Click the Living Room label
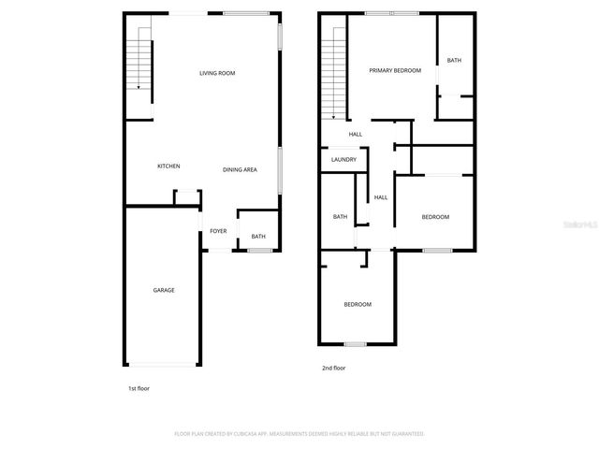click(x=217, y=72)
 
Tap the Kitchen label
click(x=168, y=166)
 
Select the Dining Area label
click(x=240, y=169)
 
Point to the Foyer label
click(x=218, y=231)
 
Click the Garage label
click(x=164, y=290)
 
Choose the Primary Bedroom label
click(x=395, y=70)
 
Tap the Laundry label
click(x=343, y=160)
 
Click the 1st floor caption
click(x=139, y=387)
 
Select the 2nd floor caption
click(x=334, y=368)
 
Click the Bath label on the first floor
click(x=258, y=237)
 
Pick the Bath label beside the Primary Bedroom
click(x=454, y=61)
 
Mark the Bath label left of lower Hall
click(x=341, y=217)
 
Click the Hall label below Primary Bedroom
click(x=356, y=135)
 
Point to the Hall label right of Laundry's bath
click(x=381, y=197)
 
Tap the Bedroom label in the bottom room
click(x=358, y=304)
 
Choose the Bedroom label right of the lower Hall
click(x=435, y=217)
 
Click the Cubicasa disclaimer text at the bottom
click(x=299, y=434)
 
